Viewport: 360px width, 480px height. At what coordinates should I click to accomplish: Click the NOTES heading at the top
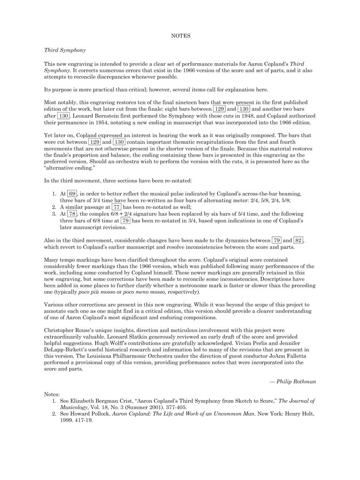180,36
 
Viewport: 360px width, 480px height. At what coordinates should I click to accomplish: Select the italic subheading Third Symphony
65,50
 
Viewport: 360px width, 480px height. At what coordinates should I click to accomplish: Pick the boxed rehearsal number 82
298,240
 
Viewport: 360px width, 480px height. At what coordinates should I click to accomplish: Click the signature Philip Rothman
295,381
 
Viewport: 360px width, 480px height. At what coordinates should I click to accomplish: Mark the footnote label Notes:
52,394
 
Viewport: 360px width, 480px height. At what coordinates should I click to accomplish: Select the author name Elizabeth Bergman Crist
97,401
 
